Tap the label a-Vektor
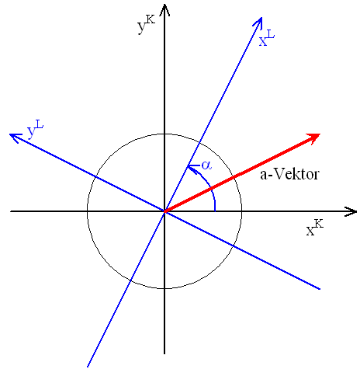click(289, 174)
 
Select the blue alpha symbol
click(206, 165)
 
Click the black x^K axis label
click(315, 228)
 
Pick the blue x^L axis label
click(267, 38)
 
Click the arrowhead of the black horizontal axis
click(351, 211)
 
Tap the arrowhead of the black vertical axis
click(164, 9)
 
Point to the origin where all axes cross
click(164, 211)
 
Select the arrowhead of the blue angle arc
click(192, 167)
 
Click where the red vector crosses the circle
click(234, 177)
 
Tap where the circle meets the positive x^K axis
click(242, 211)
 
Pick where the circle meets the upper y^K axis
click(164, 134)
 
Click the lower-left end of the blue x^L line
click(88, 367)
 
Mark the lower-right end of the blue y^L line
click(320, 289)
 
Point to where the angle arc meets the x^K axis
click(215, 211)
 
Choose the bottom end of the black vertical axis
click(164, 353)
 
